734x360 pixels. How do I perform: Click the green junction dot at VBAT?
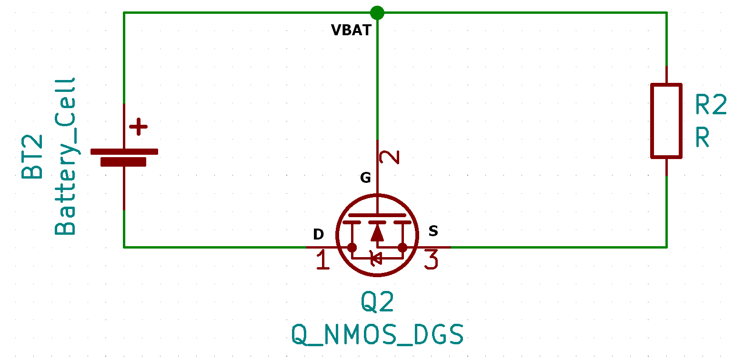point(377,12)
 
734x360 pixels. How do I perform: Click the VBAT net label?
point(351,30)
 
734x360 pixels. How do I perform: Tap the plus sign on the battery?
point(139,127)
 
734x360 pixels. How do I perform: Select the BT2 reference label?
point(32,157)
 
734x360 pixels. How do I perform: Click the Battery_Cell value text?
point(65,157)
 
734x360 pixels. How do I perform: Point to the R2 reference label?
point(711,105)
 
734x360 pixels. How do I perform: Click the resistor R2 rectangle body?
point(666,121)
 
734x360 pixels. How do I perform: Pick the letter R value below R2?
point(703,138)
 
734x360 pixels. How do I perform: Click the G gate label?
point(365,178)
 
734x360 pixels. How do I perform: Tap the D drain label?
point(318,234)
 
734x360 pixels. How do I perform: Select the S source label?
point(433,231)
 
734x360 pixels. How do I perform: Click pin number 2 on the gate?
point(392,157)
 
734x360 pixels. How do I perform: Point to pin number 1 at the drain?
point(323,260)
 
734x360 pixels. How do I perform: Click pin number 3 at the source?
point(431,260)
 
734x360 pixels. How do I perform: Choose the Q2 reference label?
point(377,302)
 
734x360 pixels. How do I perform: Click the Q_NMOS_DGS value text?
point(377,335)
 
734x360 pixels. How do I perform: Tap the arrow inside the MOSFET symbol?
point(377,232)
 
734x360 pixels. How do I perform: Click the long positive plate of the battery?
point(124,151)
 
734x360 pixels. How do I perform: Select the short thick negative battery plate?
point(123,162)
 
